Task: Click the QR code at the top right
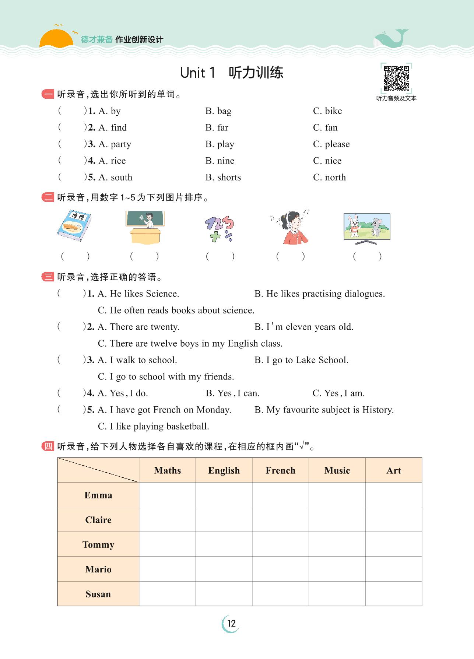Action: [x=396, y=78]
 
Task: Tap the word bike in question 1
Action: [x=333, y=111]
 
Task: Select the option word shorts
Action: [x=229, y=177]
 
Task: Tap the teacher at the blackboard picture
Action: [x=145, y=227]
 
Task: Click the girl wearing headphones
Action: [x=292, y=227]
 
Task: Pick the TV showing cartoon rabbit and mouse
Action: [x=366, y=228]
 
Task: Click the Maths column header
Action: [x=168, y=470]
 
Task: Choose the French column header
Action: [x=280, y=470]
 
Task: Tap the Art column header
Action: [x=393, y=470]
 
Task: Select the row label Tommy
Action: [x=98, y=544]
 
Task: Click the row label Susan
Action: [x=98, y=594]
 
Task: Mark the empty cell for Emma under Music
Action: [x=337, y=495]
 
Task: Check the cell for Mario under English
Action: [x=224, y=569]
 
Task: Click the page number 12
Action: [x=231, y=623]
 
